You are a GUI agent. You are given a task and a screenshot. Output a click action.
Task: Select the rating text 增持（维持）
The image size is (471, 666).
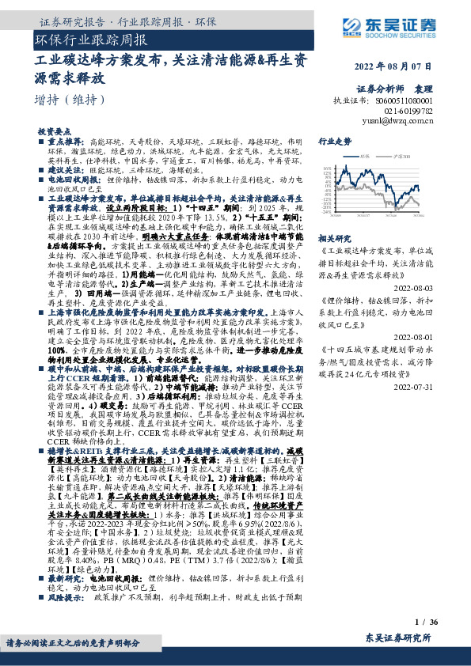coord(70,100)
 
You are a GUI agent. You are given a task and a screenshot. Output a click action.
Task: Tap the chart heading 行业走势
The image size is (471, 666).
coord(334,141)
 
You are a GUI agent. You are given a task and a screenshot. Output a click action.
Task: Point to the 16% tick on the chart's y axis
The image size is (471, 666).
coord(327,168)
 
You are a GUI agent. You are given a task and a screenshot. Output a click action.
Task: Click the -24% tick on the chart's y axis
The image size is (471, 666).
coord(326,213)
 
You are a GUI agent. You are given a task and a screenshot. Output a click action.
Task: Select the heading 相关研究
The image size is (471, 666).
coord(333,237)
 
